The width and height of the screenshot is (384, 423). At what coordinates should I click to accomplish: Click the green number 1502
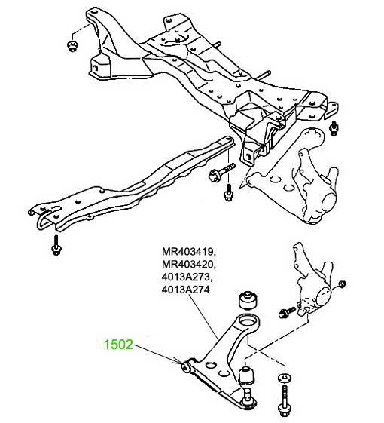click(x=118, y=345)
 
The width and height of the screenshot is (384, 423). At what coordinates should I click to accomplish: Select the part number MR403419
click(x=188, y=252)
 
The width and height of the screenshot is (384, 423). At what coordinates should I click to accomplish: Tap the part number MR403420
click(x=188, y=265)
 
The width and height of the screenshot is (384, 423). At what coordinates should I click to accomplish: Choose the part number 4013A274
click(x=185, y=290)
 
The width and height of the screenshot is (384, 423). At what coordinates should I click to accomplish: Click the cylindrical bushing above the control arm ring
click(x=248, y=301)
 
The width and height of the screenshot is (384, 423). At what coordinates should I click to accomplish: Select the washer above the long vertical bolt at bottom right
click(x=284, y=378)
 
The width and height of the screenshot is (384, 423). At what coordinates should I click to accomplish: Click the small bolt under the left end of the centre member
click(x=56, y=245)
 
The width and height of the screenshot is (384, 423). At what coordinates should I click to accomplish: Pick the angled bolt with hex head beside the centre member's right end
click(x=221, y=172)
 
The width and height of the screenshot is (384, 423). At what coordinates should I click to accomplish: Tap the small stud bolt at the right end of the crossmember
click(x=334, y=128)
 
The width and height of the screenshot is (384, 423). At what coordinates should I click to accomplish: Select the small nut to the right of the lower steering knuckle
click(x=342, y=284)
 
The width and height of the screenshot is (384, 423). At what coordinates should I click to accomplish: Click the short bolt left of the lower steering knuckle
click(x=287, y=312)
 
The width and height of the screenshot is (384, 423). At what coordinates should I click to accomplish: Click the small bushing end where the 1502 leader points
click(x=186, y=366)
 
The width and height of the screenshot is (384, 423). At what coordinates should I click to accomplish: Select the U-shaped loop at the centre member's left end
click(x=43, y=220)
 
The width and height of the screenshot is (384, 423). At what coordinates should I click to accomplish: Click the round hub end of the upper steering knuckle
click(x=329, y=202)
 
